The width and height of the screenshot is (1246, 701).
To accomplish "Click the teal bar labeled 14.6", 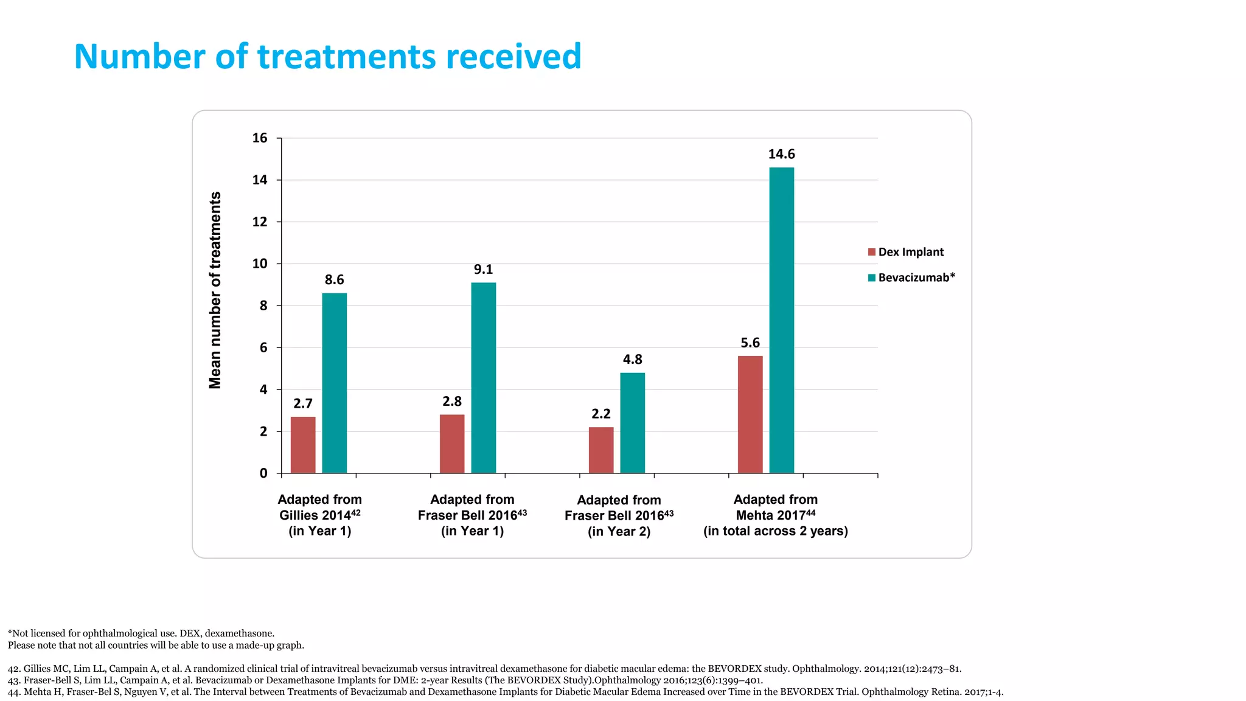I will point(781,320).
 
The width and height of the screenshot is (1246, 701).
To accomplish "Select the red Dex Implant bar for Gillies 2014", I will point(303,445).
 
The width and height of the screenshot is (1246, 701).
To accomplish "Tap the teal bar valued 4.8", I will point(632,423).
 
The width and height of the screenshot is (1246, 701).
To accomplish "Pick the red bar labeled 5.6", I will point(750,414).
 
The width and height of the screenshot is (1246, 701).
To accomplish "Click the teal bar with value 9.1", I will point(483,378).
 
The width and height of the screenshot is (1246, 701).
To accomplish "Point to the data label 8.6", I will point(334,280).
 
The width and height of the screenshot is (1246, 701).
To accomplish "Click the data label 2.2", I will point(600,414).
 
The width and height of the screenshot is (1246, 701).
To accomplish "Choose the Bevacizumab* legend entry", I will point(911,277).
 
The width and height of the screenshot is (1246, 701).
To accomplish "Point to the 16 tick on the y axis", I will point(260,138).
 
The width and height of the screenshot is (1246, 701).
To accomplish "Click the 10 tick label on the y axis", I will point(260,263).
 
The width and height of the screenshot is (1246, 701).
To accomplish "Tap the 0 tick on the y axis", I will point(263,473).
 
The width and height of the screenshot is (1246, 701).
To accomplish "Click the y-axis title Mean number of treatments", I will point(215,290).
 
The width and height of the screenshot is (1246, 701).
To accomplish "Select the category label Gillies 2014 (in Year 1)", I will point(320,515).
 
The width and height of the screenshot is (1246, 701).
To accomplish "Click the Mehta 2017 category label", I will point(775,515).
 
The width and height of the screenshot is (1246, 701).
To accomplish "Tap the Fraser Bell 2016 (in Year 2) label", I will point(619,515).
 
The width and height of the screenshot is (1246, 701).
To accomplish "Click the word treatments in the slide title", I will point(347,57).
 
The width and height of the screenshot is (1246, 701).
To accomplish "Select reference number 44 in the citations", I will point(13,692).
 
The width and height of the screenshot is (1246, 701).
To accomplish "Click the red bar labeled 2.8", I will point(452,444).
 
